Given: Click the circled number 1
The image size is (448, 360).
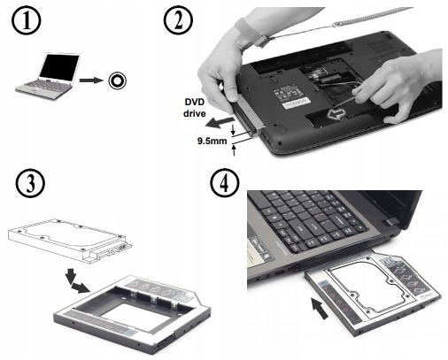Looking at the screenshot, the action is [27, 20].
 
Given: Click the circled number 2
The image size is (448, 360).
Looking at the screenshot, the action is [178, 20].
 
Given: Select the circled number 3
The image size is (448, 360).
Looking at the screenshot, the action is [30, 183].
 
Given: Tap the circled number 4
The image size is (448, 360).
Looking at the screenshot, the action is [224, 183].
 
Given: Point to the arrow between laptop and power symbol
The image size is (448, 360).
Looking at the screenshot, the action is [91, 80].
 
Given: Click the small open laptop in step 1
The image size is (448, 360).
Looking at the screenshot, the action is [47, 76].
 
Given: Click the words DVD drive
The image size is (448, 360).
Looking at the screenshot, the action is [195, 108].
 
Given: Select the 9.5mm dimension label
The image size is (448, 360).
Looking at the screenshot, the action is [212, 141].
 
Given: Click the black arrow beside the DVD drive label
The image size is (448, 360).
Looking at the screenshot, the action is [220, 122].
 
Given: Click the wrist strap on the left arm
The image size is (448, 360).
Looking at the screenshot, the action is [252, 33].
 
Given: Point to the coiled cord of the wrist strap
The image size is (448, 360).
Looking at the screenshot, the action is [374, 18].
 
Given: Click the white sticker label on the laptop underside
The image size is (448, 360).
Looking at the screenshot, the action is [296, 104].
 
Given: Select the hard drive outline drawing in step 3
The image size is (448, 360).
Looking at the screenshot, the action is [70, 240].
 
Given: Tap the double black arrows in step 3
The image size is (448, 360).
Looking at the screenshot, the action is [76, 280].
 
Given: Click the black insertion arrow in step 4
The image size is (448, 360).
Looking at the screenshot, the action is [320, 308].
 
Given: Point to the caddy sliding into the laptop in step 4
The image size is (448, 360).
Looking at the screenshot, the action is [374, 293].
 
